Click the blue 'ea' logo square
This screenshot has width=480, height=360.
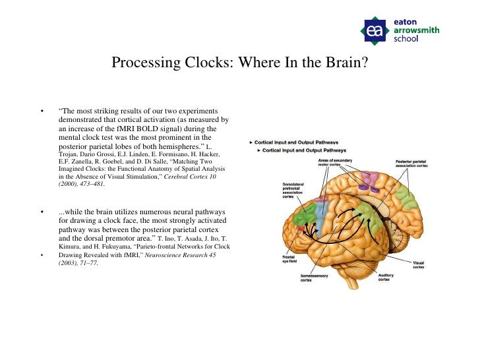click(375, 30)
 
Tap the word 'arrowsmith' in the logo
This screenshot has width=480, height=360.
click(416, 30)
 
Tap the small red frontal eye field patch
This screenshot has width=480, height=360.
click(302, 229)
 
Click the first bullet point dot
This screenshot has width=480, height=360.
click(42, 111)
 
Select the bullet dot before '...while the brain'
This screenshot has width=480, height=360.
click(42, 212)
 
